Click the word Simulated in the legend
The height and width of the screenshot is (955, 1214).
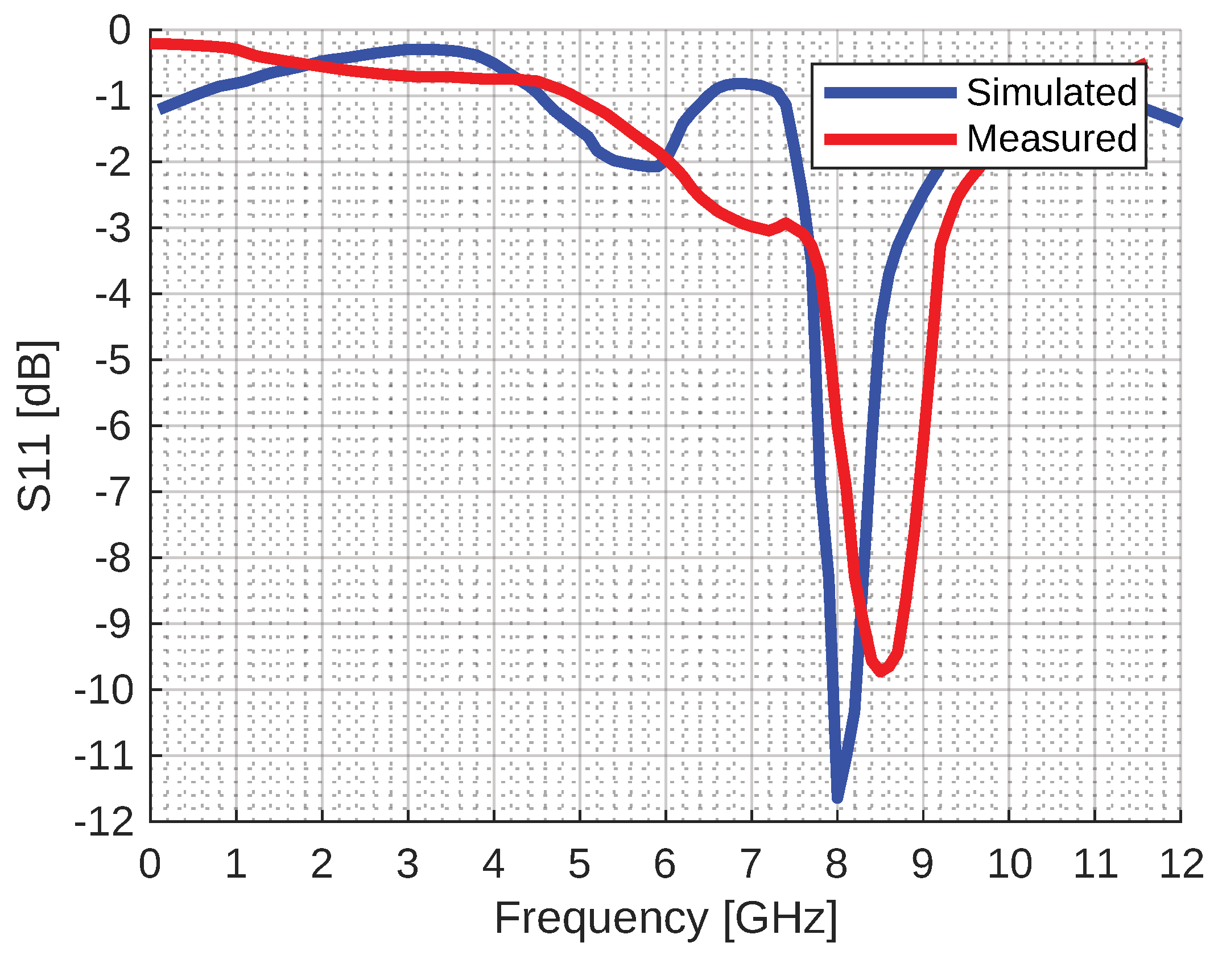[x=1051, y=92]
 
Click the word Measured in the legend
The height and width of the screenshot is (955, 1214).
[x=1051, y=138]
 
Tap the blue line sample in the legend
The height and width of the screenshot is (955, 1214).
[x=890, y=93]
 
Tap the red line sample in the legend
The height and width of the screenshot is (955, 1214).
[x=890, y=139]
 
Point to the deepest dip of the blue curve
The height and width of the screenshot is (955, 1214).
[x=837, y=798]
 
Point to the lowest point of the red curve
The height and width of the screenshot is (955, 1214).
[x=881, y=672]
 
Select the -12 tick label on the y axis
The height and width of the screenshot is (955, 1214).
[x=104, y=822]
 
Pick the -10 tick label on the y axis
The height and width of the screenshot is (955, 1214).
[x=104, y=690]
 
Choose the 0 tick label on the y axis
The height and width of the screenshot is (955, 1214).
[x=120, y=31]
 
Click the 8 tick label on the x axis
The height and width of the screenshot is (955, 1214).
[x=836, y=863]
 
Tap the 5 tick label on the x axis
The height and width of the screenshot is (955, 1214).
[x=579, y=863]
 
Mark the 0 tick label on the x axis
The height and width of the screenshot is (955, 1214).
[x=150, y=863]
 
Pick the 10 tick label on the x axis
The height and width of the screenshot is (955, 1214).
[x=1009, y=863]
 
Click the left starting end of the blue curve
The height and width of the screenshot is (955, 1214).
[x=160, y=109]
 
